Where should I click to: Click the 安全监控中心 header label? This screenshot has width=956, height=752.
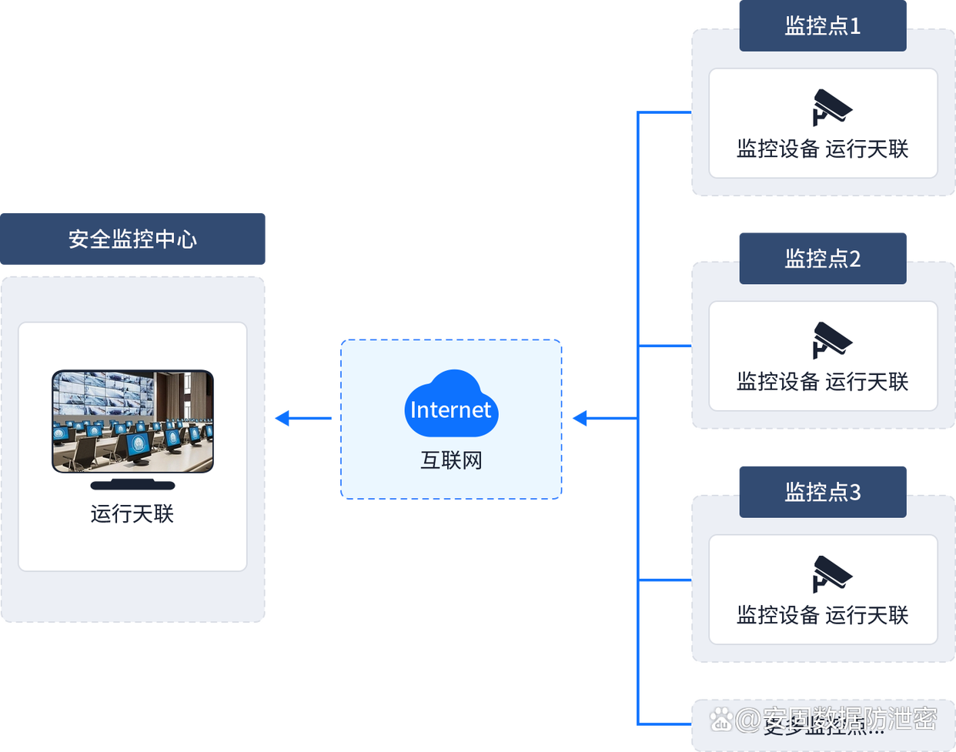(132, 239)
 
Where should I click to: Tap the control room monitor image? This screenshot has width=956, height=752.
(132, 421)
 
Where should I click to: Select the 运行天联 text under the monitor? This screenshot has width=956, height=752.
(132, 513)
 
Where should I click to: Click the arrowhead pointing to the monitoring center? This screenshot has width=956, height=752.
(282, 419)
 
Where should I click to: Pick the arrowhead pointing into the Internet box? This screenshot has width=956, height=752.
(580, 419)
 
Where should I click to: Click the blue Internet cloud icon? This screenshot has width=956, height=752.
(451, 405)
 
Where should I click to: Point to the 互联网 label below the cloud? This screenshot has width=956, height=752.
(451, 460)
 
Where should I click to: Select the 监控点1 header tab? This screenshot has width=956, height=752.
(822, 26)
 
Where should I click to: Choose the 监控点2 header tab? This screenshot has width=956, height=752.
(822, 259)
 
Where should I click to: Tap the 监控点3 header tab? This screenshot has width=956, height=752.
(822, 492)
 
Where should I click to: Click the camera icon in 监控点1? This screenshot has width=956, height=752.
(831, 107)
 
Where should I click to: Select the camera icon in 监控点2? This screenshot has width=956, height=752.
(831, 339)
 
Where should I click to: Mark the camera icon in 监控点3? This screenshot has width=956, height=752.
(831, 573)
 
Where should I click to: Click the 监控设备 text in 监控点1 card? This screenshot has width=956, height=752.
(777, 149)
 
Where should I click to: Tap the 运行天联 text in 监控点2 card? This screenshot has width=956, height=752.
(867, 382)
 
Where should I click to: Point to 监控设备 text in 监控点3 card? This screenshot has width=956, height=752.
(777, 615)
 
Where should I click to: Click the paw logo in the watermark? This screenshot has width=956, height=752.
(721, 720)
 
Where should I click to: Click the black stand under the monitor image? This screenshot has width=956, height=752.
(132, 485)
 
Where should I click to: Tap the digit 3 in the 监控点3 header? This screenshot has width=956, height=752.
(854, 492)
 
